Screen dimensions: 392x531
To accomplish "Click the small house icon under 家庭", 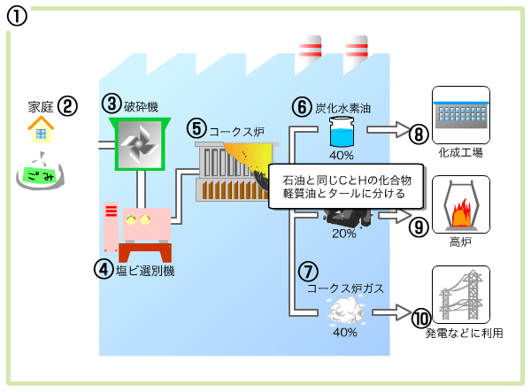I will [x=40, y=132].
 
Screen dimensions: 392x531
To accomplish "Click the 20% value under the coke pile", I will [x=343, y=234].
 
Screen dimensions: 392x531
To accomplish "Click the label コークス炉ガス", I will [x=344, y=288].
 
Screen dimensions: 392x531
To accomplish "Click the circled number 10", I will [x=419, y=315].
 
